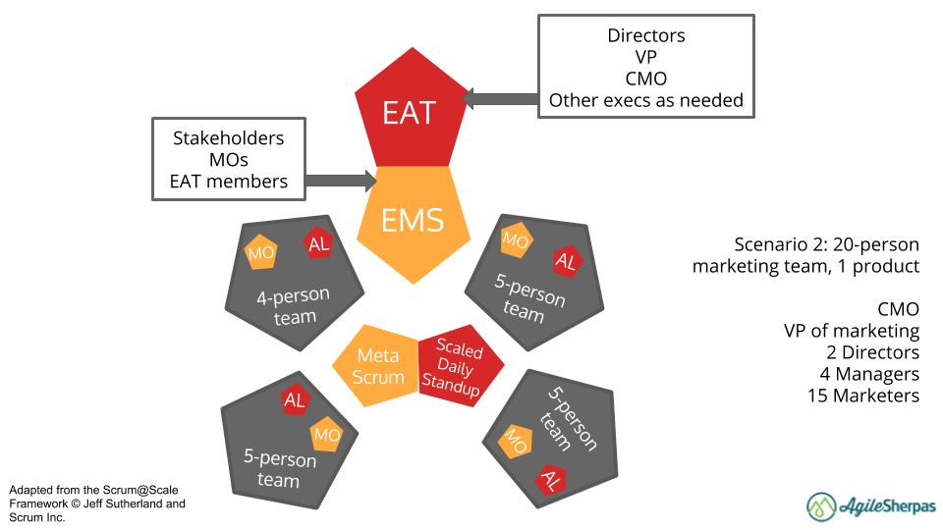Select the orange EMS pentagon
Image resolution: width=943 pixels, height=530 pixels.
click(413, 218)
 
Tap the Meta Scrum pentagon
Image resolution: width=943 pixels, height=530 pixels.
click(379, 365)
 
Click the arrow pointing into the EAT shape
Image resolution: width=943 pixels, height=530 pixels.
click(500, 97)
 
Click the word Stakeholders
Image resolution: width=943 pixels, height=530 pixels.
click(229, 137)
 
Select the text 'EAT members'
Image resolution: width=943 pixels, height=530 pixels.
click(229, 181)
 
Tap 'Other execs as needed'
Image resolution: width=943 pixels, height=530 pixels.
click(645, 99)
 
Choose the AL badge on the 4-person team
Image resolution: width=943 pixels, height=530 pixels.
click(318, 245)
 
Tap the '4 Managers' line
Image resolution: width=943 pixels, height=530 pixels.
click(869, 374)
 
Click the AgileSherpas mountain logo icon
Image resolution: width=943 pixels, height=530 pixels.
click(821, 505)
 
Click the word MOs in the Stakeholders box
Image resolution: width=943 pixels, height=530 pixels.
click(229, 159)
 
